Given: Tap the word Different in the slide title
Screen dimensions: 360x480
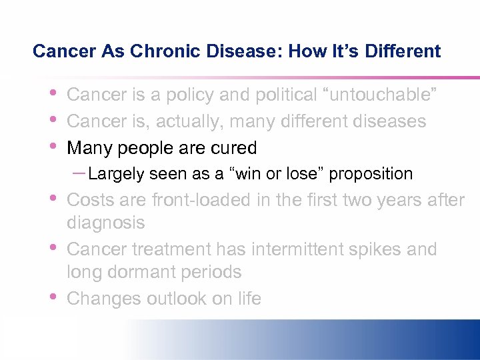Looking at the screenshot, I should pos(403,51).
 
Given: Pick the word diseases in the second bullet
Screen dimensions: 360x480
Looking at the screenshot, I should pos(389,121).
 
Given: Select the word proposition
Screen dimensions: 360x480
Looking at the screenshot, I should pos(371,174).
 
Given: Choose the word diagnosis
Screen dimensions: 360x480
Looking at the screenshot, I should pos(106,222).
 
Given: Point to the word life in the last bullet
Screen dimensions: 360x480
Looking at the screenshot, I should pos(249,298).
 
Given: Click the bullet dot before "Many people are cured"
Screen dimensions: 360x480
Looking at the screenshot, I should pos(53,145).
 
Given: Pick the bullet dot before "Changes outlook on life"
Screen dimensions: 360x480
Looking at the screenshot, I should pos(53,296).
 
